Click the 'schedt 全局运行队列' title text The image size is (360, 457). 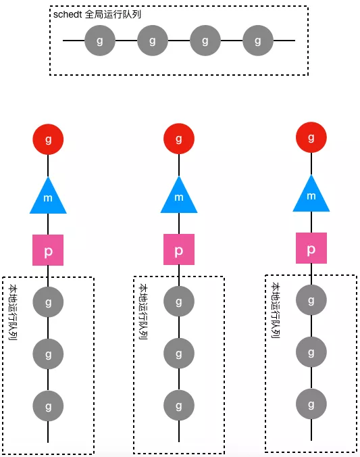coord(97,14)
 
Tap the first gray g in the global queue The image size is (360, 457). coord(100,41)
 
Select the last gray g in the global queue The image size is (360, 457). coord(258,41)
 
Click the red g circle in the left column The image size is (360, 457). coord(48,139)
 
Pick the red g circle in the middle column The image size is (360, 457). coord(179,139)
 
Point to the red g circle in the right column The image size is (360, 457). coord(311,137)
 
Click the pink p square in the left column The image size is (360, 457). coord(48,250)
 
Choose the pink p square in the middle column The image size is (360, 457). coord(179,249)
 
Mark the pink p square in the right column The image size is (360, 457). coord(311,248)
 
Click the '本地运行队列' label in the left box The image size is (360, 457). coord(13,312)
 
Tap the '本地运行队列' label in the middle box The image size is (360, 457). coord(143,312)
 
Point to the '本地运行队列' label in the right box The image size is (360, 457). coord(276,310)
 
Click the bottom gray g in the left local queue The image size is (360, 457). coord(48,406)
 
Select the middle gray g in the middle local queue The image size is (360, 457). coord(179,354)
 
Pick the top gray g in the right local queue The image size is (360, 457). coord(311,300)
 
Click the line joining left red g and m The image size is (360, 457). coord(48,166)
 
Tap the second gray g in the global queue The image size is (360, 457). coord(153,41)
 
